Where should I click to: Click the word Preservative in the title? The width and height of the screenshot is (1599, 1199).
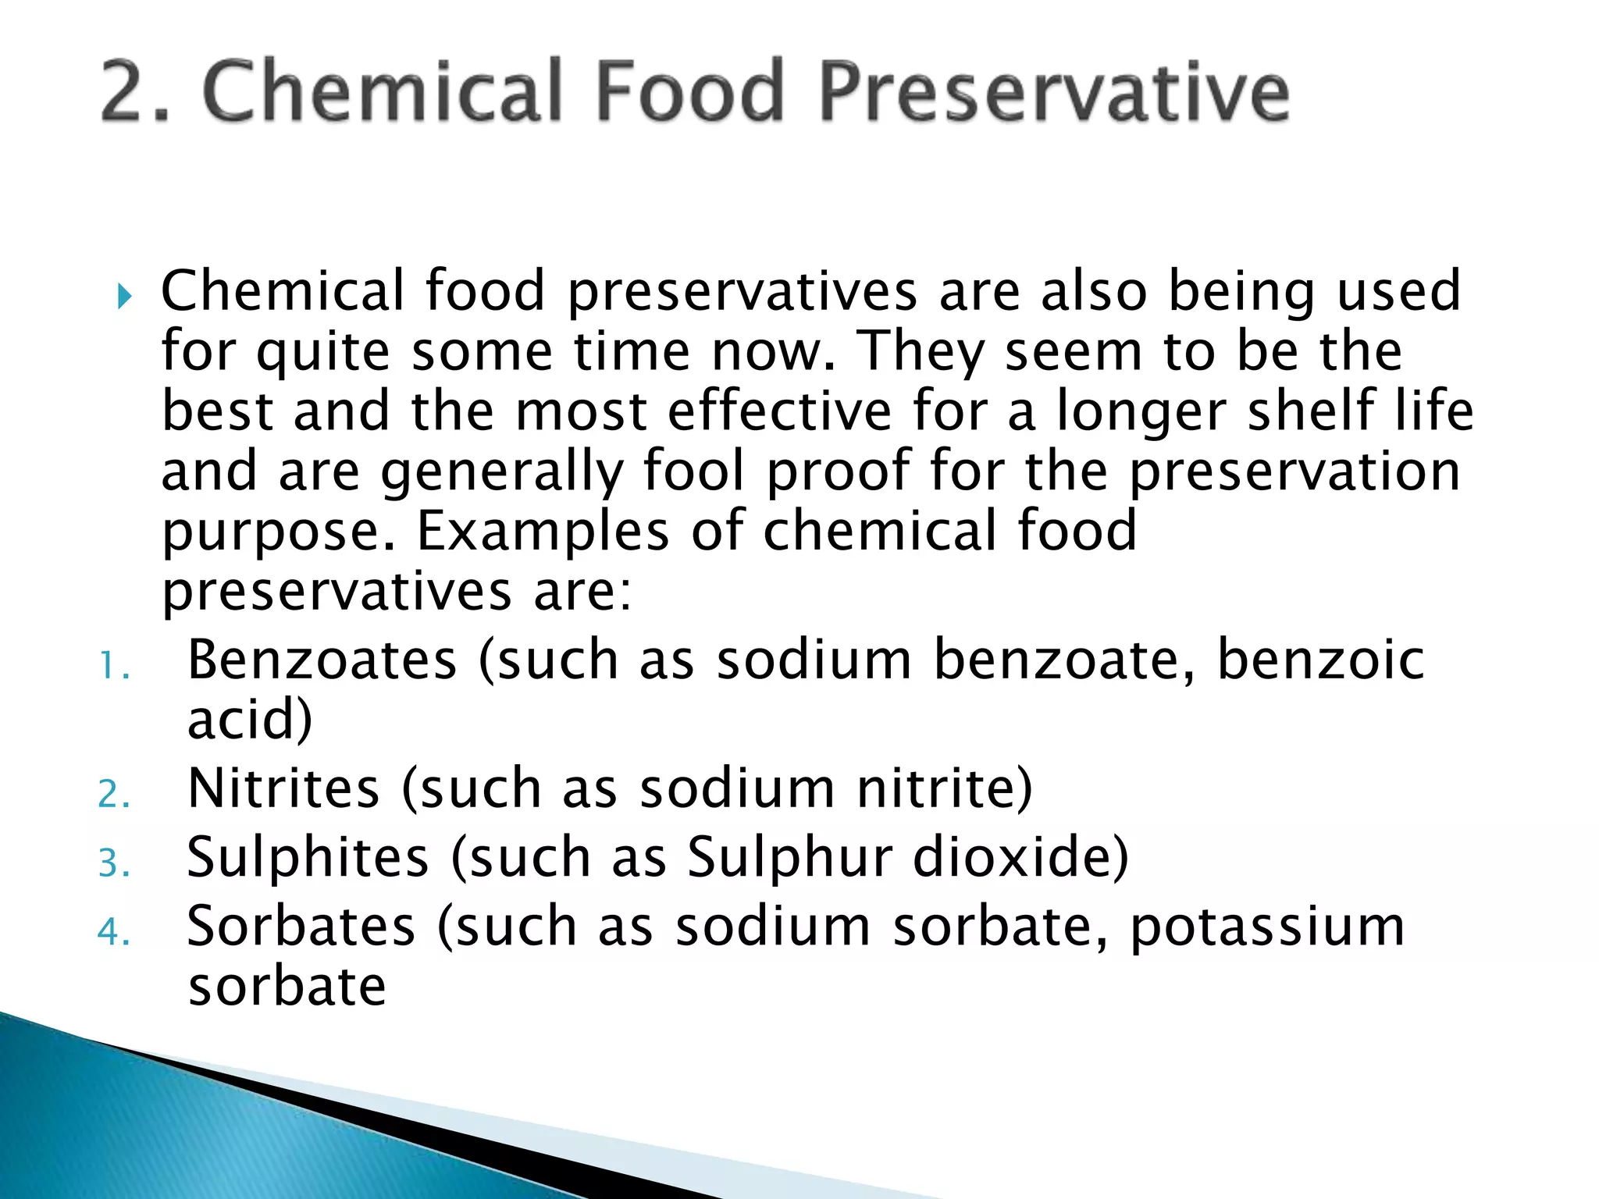[x=1054, y=92]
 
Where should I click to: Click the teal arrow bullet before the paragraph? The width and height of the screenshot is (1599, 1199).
[x=124, y=296]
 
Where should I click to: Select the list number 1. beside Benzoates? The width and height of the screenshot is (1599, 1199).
[x=114, y=667]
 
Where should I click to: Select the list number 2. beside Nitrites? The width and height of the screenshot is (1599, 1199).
[x=114, y=795]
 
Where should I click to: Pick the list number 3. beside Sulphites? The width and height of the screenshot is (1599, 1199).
[x=114, y=864]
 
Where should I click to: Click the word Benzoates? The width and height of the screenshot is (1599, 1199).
[x=322, y=660]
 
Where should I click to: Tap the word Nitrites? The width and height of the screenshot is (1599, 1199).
[x=283, y=788]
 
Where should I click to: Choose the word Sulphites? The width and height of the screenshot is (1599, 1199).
[x=308, y=857]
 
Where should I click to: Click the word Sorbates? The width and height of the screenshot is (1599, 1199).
[x=301, y=927]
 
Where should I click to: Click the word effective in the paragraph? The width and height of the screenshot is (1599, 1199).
[x=779, y=411]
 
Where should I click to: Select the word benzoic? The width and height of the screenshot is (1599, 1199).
[x=1320, y=660]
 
